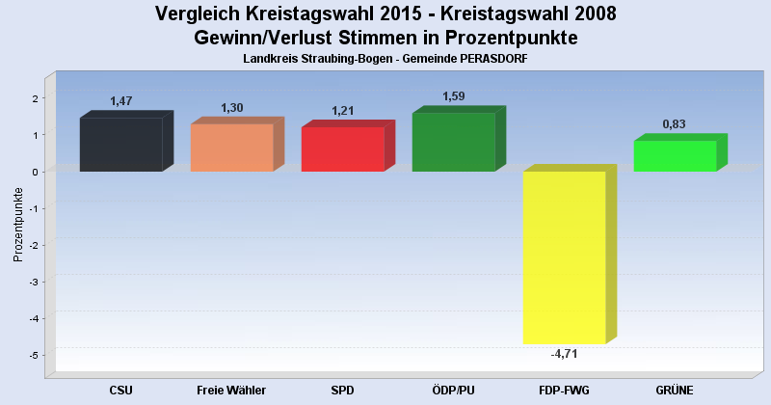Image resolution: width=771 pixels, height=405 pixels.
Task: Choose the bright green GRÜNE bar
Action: click(675, 156)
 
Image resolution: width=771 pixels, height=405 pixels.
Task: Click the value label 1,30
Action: click(232, 108)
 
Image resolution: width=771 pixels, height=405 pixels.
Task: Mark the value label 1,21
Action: click(343, 111)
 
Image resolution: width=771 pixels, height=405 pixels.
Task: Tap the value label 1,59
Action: click(454, 96)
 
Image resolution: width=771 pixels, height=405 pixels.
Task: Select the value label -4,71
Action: click(564, 354)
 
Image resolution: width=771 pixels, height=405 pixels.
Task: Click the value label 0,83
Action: click(675, 124)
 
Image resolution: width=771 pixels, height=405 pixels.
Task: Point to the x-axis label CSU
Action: click(120, 390)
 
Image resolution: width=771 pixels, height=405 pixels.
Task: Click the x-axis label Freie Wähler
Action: click(231, 390)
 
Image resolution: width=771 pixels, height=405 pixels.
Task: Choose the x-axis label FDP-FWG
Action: click(564, 390)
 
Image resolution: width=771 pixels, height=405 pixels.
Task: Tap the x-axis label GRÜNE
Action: click(675, 390)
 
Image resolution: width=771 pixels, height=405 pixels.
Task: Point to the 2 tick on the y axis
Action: click(34, 98)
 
